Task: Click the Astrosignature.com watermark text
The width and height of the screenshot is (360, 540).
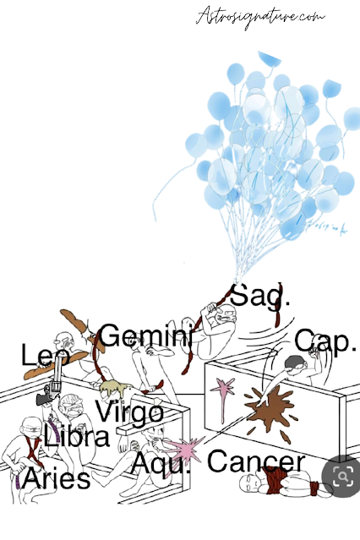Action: (x=260, y=17)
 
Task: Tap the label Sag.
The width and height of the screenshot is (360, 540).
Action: (x=259, y=295)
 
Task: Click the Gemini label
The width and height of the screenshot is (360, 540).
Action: (x=145, y=335)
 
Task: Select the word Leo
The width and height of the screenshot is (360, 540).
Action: (x=46, y=355)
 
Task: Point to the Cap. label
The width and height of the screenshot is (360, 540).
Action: (x=325, y=341)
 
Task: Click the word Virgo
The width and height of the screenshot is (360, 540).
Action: (x=128, y=412)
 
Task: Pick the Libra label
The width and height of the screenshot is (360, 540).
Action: (x=77, y=436)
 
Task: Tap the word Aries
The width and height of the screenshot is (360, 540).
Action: (x=56, y=479)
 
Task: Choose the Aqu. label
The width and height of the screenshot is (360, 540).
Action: (x=161, y=462)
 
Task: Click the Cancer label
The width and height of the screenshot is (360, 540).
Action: (x=256, y=461)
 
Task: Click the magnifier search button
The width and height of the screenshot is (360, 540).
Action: (x=342, y=476)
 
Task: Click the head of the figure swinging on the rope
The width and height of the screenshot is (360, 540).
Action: (x=227, y=314)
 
